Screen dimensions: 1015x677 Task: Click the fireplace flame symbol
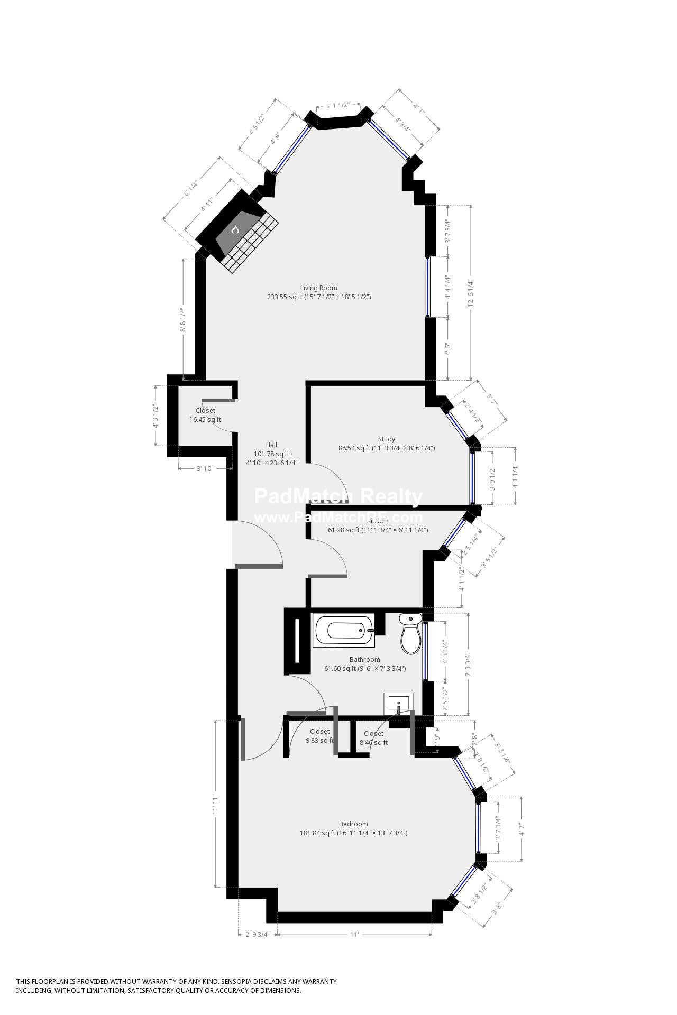tap(235, 230)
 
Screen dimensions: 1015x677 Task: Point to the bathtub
tap(344, 630)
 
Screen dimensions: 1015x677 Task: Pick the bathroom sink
tap(398, 704)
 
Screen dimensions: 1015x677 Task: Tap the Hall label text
tap(271, 445)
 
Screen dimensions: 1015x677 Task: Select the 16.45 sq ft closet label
tap(205, 415)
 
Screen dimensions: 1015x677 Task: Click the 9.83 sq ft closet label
tap(319, 736)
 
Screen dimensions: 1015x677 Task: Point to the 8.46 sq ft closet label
tap(373, 738)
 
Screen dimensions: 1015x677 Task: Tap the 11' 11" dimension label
tap(216, 804)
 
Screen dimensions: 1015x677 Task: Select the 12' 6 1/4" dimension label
tap(469, 293)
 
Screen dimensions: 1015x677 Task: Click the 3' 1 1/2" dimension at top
tap(337, 105)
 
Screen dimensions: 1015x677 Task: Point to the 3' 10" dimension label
tap(205, 468)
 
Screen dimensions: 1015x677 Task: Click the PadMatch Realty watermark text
tap(338, 497)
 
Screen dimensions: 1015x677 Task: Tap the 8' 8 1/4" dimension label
tap(184, 320)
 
